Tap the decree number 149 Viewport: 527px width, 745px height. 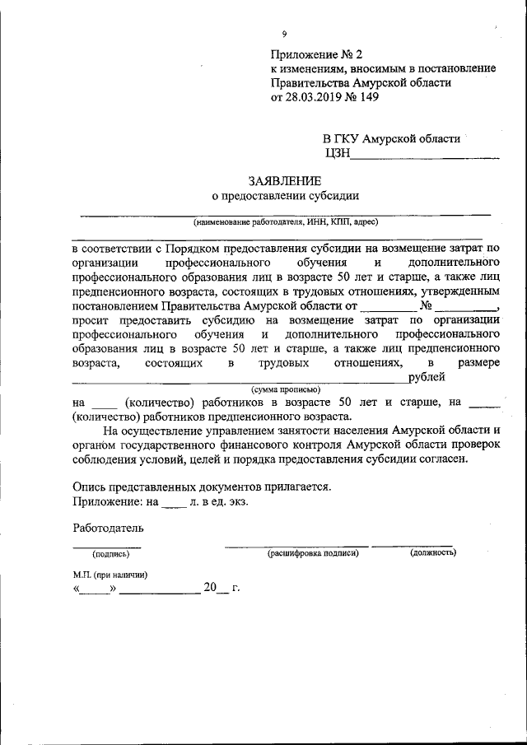click(x=378, y=96)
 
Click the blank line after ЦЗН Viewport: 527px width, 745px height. click(x=425, y=152)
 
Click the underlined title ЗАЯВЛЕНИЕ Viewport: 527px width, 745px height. click(x=285, y=180)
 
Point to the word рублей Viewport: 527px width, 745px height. click(x=427, y=377)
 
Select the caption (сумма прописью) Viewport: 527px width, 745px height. click(x=286, y=389)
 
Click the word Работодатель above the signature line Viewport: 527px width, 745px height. click(x=108, y=527)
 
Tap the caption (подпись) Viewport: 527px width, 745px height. click(x=105, y=554)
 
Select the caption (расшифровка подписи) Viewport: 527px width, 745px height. click(x=313, y=553)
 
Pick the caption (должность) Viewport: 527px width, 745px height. click(x=433, y=553)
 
